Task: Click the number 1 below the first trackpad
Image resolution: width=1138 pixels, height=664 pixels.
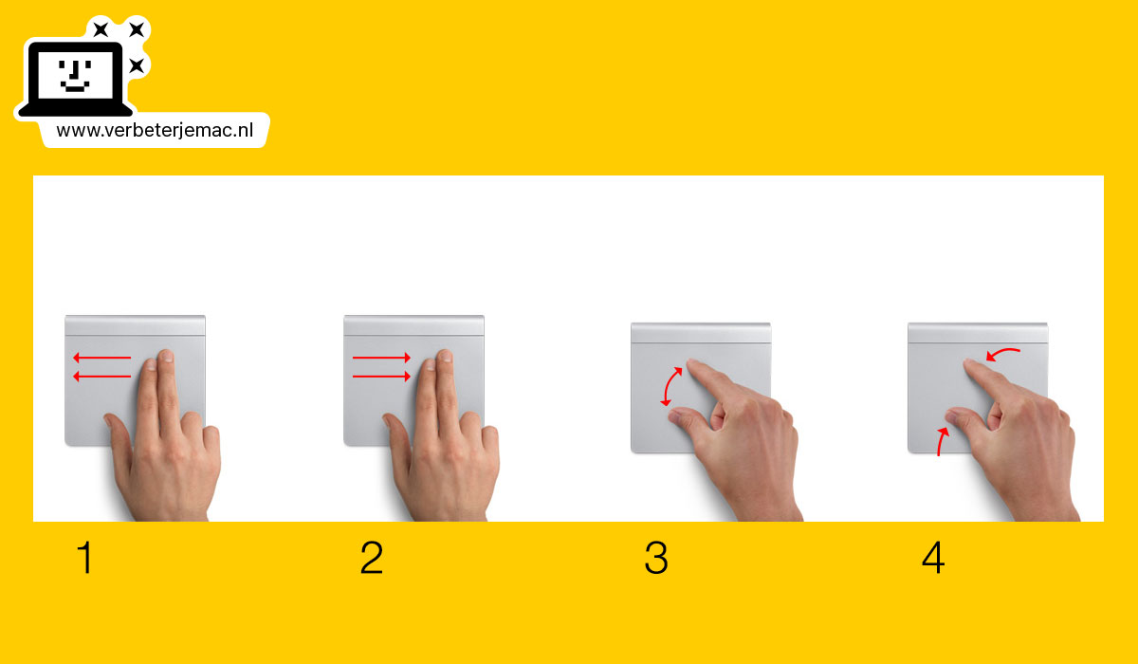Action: pos(85,559)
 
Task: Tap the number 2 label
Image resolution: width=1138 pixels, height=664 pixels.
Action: pos(371,559)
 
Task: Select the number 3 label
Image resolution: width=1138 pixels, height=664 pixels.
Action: pos(655,559)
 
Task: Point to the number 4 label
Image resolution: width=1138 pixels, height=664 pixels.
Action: pos(933,559)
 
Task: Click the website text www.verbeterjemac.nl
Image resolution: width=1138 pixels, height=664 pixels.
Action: pos(154,131)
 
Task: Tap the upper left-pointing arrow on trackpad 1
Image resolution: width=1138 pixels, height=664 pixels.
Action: pos(101,358)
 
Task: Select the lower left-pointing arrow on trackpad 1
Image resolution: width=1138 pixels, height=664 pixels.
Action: pos(101,377)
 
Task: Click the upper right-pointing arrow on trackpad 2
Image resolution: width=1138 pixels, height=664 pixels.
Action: pos(381,358)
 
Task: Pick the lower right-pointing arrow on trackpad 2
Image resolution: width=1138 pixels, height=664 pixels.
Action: pos(381,377)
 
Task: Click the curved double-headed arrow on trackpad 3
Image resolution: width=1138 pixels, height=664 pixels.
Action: pos(670,386)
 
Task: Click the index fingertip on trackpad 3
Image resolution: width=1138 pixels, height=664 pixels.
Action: pos(693,364)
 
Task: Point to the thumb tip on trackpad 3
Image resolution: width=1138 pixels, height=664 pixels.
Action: pos(674,414)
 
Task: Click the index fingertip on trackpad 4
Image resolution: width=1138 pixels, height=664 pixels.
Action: pos(971,364)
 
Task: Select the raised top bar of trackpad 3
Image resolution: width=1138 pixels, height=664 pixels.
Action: pos(700,332)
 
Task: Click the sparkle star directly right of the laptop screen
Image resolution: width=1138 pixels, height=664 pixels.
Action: pos(137,65)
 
